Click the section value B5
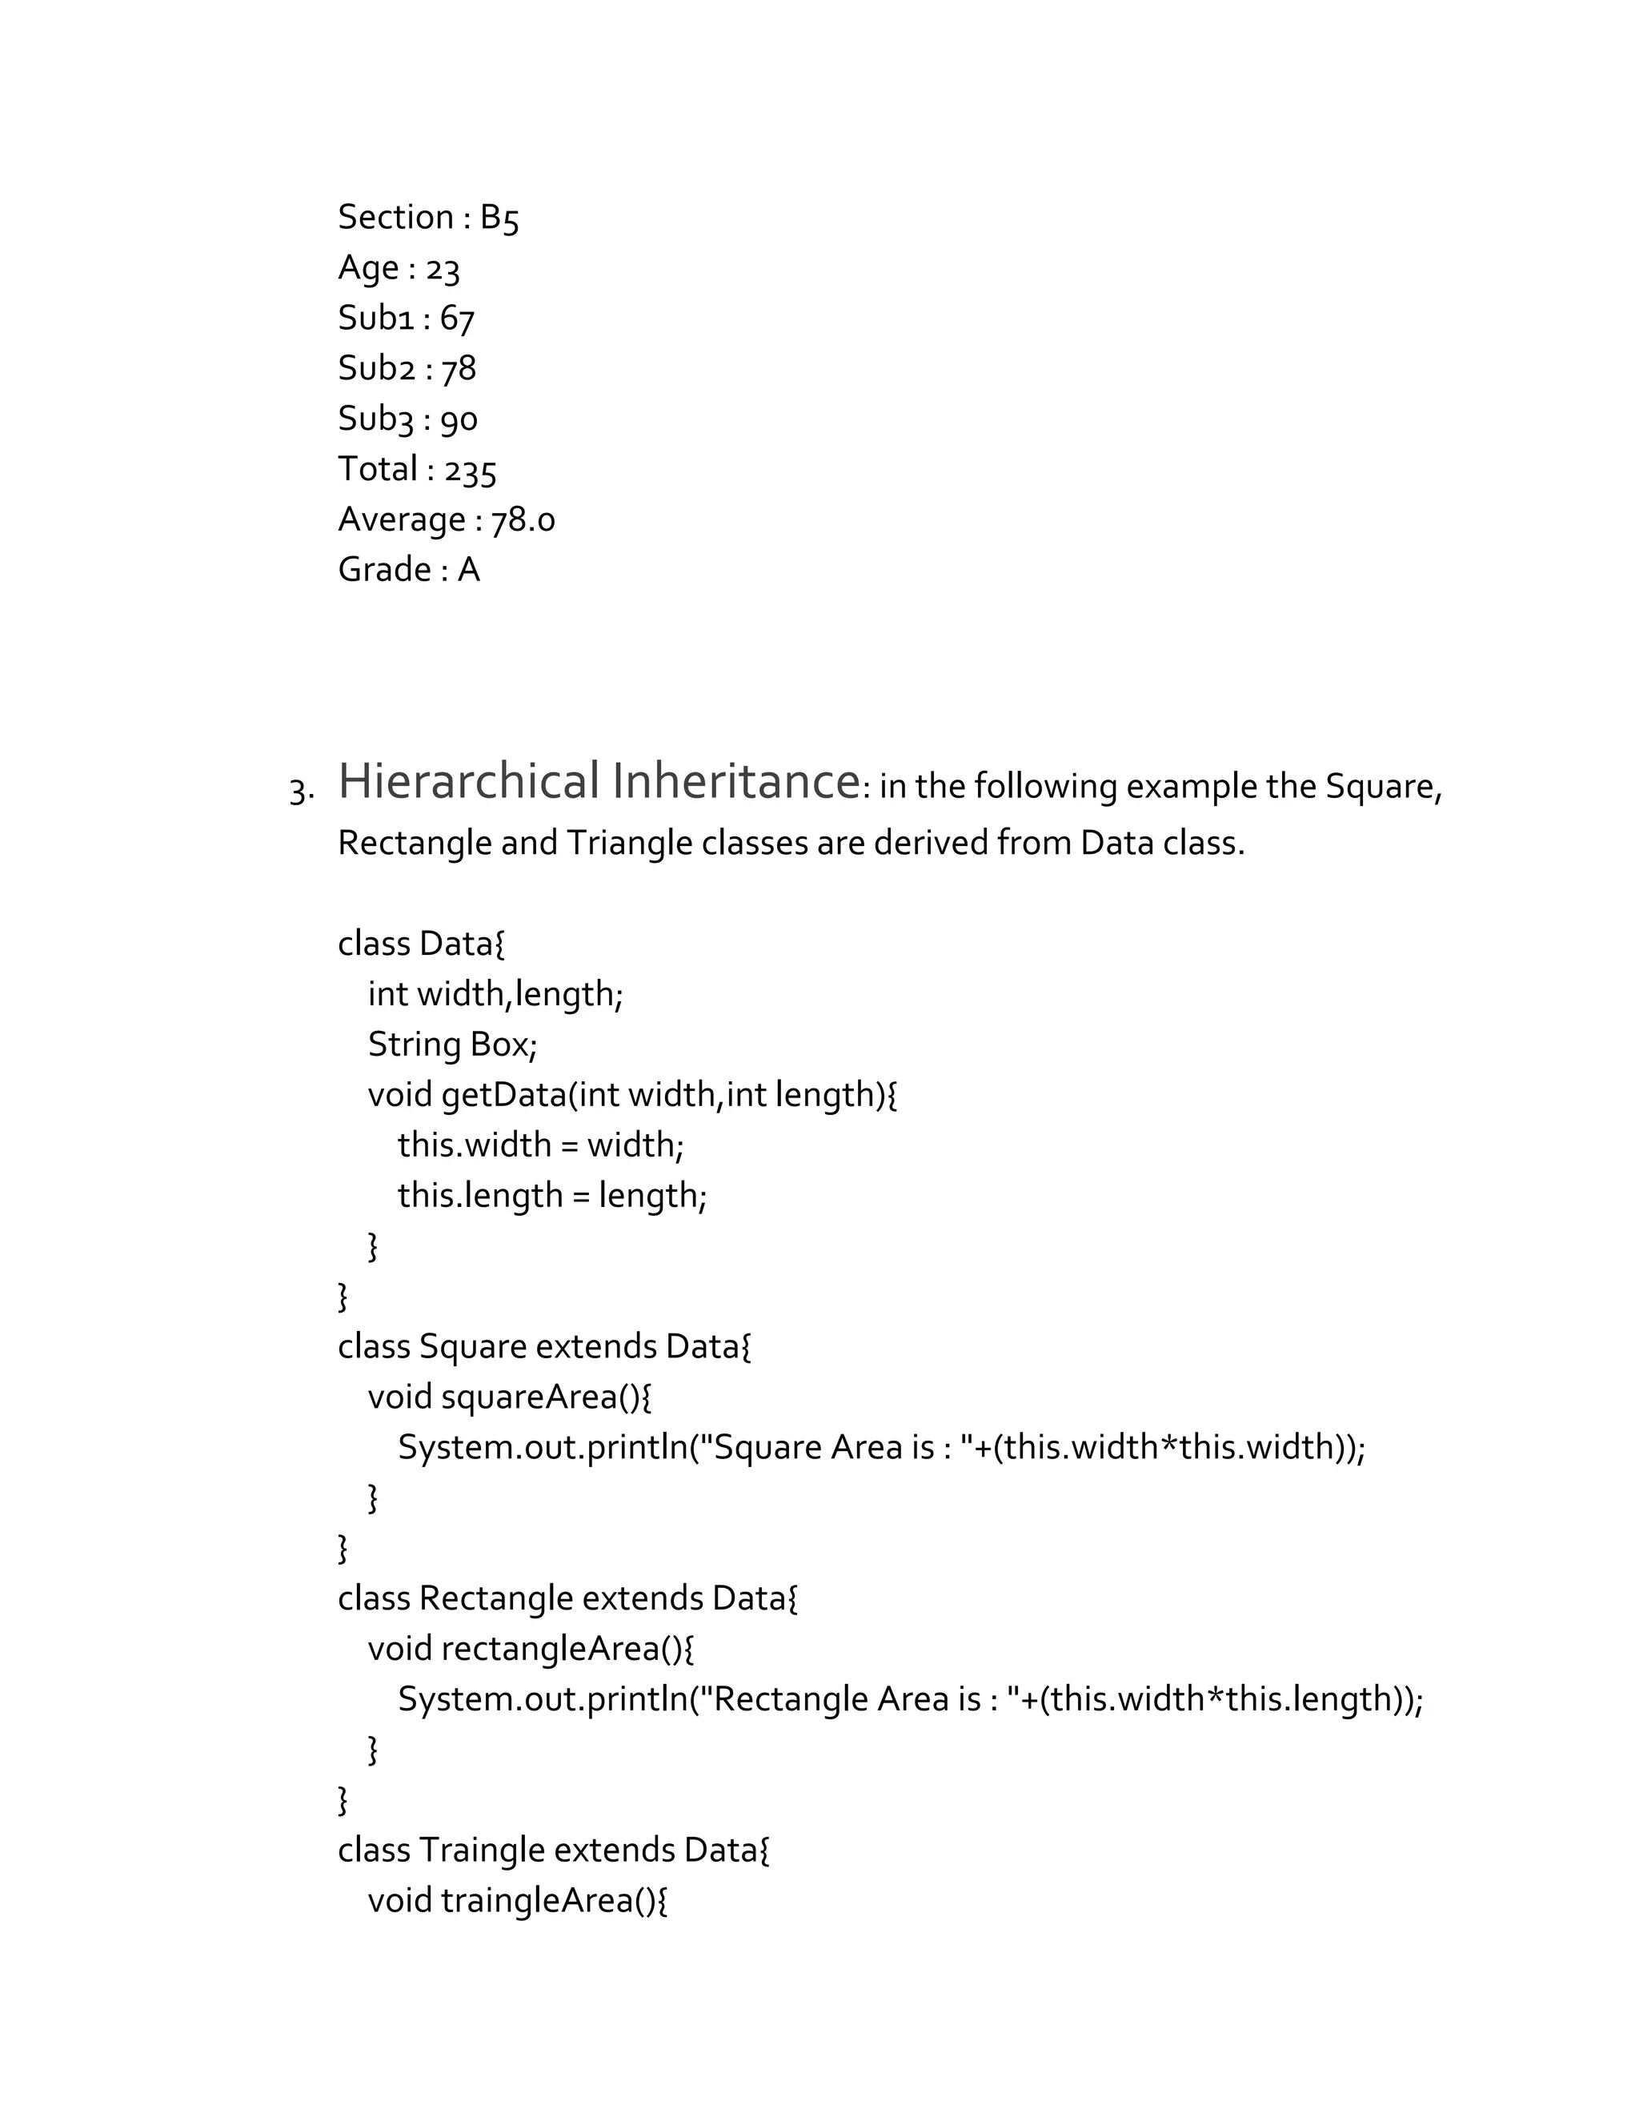click(499, 219)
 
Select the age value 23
click(442, 269)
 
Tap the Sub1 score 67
click(456, 319)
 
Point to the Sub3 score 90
click(459, 420)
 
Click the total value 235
click(470, 471)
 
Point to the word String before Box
click(414, 1045)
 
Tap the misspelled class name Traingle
click(482, 1851)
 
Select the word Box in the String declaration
click(501, 1045)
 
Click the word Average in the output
click(402, 520)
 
